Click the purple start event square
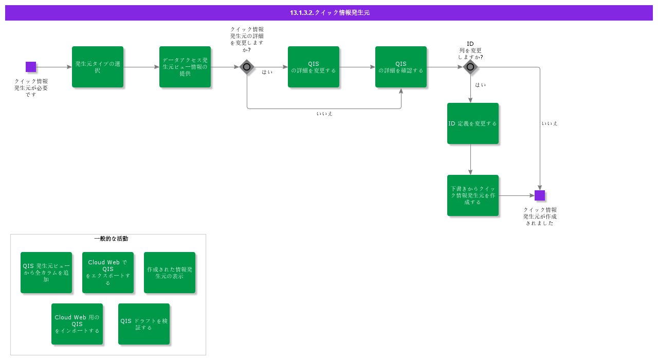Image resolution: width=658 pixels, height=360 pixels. click(x=31, y=67)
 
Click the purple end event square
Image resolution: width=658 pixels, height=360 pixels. click(x=539, y=195)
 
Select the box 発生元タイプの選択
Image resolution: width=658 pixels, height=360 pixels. click(x=98, y=67)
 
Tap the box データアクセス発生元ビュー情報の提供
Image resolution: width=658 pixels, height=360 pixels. click(x=185, y=67)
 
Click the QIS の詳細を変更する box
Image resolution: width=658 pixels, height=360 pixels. click(x=314, y=67)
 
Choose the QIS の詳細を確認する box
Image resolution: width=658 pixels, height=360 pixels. click(x=401, y=67)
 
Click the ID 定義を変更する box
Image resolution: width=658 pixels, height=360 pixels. click(x=472, y=123)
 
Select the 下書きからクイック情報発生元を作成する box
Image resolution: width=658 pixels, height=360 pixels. click(x=472, y=195)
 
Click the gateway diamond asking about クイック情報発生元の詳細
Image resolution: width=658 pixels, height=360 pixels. click(x=247, y=67)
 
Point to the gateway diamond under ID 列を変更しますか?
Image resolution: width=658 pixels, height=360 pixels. click(x=470, y=67)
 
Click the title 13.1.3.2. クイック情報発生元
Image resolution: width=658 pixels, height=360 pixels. click(x=329, y=13)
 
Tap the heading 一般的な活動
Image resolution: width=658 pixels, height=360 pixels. click(x=111, y=239)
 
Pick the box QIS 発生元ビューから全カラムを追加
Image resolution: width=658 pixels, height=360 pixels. click(x=46, y=273)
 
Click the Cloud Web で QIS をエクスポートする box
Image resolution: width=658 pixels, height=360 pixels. click(x=108, y=273)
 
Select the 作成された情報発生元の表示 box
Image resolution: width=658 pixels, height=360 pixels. click(x=170, y=273)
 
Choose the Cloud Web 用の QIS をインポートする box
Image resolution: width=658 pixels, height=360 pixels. click(x=77, y=324)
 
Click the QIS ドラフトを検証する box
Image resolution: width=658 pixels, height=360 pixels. click(x=144, y=324)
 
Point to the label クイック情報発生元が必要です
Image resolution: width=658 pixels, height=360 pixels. click(x=31, y=88)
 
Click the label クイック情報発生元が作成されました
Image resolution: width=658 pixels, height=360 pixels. click(x=540, y=217)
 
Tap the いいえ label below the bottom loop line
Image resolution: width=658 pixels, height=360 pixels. click(x=324, y=114)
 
